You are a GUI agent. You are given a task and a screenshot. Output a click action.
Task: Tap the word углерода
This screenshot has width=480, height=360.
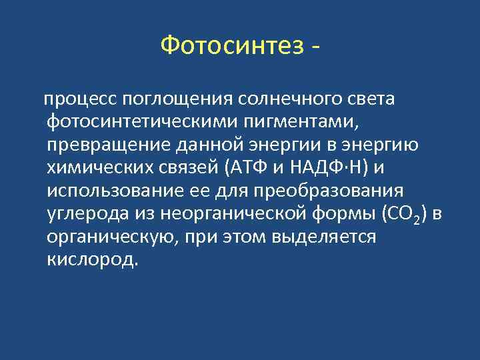[82, 214]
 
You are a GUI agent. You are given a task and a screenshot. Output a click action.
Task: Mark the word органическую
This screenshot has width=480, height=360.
[111, 237]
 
